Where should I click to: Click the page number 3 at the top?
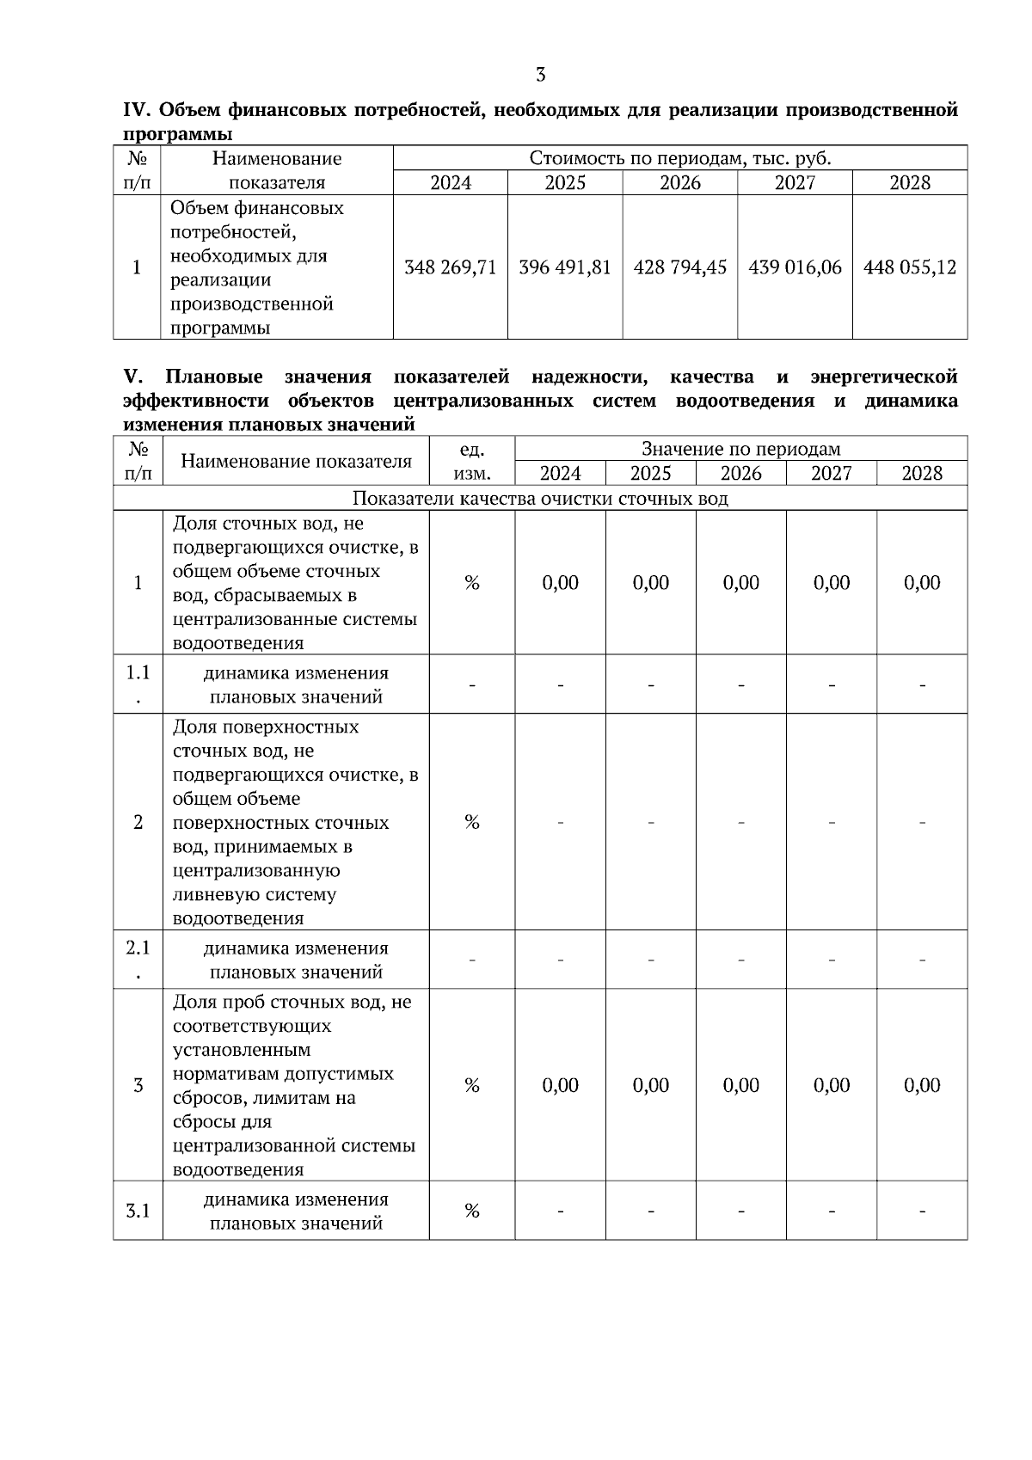(540, 75)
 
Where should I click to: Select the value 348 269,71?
(451, 267)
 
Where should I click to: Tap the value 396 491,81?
(565, 267)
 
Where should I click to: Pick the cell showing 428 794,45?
(679, 267)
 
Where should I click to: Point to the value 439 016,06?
(795, 267)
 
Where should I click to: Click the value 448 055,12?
(910, 267)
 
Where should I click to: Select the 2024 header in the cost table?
(451, 182)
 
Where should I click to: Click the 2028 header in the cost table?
(910, 182)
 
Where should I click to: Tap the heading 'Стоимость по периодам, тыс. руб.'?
(679, 158)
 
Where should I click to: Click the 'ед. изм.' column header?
(472, 461)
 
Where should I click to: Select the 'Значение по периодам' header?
(740, 449)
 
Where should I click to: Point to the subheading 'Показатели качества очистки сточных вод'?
(540, 499)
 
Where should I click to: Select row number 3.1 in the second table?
(138, 1211)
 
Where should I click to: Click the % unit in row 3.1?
(472, 1211)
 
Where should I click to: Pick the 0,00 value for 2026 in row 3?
(740, 1085)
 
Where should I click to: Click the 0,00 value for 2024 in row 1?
(560, 583)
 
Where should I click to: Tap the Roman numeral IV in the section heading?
(138, 111)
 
